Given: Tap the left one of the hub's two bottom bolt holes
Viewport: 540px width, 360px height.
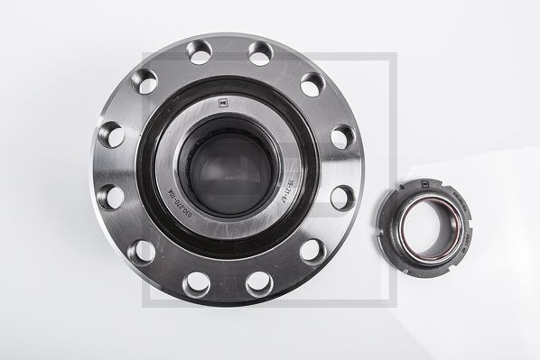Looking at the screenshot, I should tap(196, 282).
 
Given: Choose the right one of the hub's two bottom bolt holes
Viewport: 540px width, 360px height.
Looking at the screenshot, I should tap(258, 282).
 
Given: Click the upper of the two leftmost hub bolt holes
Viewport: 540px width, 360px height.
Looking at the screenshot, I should tap(110, 135).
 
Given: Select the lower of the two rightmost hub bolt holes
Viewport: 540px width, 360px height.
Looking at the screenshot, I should tap(342, 198).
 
